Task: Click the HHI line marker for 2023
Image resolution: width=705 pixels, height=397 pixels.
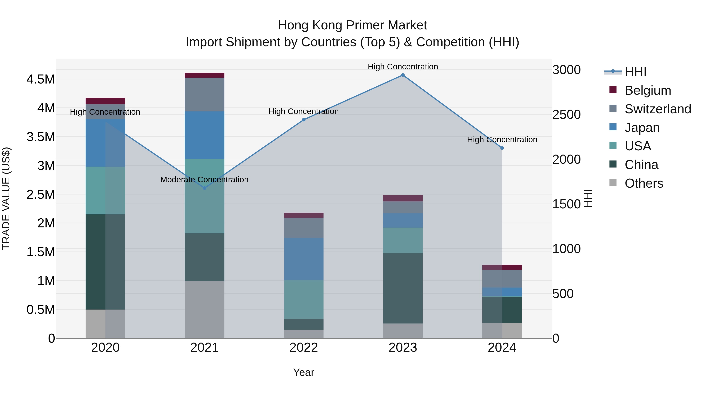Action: click(x=403, y=75)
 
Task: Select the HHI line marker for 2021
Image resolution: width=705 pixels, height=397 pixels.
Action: click(x=204, y=188)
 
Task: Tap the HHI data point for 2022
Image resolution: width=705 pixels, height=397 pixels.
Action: click(x=304, y=120)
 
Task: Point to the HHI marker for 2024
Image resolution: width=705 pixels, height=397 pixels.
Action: click(x=502, y=148)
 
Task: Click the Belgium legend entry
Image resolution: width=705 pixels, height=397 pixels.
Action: click(x=648, y=90)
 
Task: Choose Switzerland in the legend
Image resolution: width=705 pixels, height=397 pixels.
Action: click(x=658, y=109)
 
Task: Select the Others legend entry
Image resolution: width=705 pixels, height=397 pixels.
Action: click(x=644, y=183)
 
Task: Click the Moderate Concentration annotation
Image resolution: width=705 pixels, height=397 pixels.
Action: click(x=204, y=180)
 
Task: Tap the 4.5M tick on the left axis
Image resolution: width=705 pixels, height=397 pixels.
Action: click(x=41, y=79)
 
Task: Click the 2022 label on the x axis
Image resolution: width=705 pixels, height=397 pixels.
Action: click(x=304, y=348)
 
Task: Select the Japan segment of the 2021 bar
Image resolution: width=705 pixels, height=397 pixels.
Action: click(x=204, y=135)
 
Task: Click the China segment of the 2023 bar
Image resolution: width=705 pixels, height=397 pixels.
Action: click(x=403, y=288)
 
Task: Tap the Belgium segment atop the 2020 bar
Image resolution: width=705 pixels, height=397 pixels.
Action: click(x=105, y=101)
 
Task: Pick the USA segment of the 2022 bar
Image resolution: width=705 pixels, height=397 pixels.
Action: click(x=304, y=299)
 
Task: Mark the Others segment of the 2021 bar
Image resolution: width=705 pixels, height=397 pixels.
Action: click(x=204, y=309)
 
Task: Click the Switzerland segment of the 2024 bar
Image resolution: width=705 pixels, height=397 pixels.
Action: click(x=502, y=279)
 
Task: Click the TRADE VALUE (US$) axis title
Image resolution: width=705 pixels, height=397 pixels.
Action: click(x=6, y=198)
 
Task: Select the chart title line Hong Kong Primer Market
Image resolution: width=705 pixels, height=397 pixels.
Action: click(x=352, y=25)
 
